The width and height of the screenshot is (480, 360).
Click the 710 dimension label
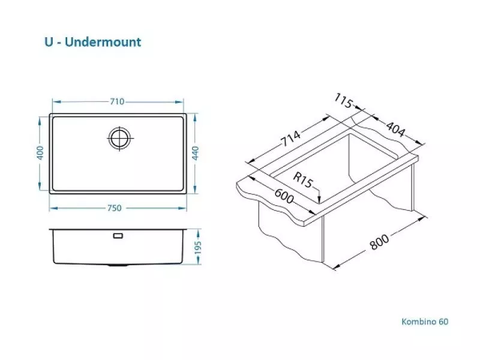pos(117,101)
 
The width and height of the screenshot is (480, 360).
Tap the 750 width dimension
pos(115,208)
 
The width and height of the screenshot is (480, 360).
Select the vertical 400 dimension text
pos(40,152)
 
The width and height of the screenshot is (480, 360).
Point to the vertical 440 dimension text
pos(195,153)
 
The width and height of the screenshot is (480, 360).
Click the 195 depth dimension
pos(198,247)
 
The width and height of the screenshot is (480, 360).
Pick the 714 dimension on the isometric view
pos(291,139)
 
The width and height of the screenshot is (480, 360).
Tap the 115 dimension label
pos(343,101)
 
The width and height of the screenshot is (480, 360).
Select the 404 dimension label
pos(395,129)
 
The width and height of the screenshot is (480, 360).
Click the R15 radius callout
pos(303,179)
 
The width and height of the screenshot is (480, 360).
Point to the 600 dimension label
pos(284,196)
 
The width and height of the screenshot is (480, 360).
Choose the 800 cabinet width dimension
pos(379,242)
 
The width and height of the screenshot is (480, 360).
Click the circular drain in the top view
pos(120,138)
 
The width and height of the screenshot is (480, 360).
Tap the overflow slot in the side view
pos(118,236)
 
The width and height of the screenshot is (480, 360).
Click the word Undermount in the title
pos(103,42)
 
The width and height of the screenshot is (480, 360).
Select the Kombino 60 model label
pos(425,322)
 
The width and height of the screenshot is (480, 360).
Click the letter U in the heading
pos(49,42)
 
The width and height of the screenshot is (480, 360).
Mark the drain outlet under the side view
pos(118,265)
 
